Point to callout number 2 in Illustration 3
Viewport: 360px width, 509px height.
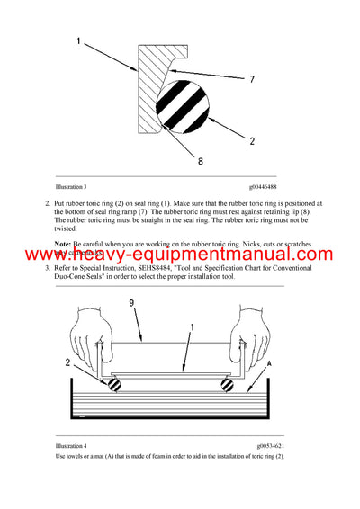click(251, 142)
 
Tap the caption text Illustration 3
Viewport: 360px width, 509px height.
click(71, 186)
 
